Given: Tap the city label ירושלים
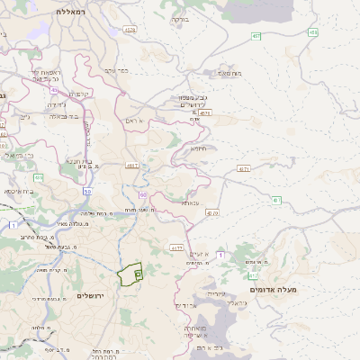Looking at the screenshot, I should [91, 296].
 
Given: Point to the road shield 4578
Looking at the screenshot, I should [130, 30].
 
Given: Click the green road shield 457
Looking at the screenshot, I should [257, 36].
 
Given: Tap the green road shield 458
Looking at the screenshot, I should [313, 32].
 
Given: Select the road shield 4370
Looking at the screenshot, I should [211, 213].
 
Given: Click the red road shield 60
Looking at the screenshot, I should [142, 193].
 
